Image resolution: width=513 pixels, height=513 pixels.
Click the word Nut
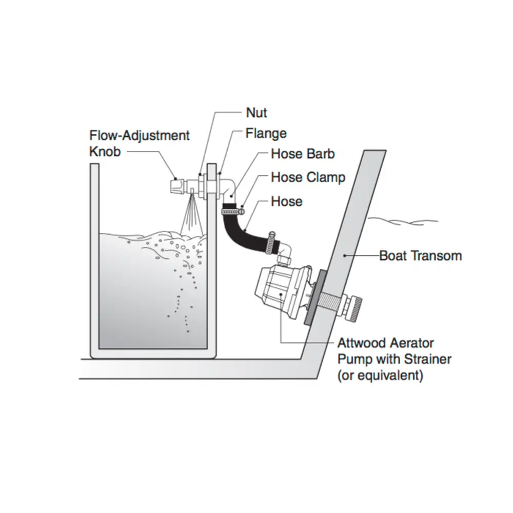(256, 112)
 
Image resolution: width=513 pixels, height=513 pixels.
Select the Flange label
(266, 134)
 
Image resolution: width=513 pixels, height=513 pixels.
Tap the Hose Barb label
(303, 153)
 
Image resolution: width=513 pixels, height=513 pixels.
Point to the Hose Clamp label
(308, 177)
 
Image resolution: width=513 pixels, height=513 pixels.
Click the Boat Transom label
(420, 255)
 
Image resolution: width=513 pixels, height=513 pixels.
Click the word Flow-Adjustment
(140, 135)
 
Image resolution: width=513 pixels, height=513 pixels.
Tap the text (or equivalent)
(380, 375)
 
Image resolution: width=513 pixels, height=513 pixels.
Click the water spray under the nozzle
(190, 215)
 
